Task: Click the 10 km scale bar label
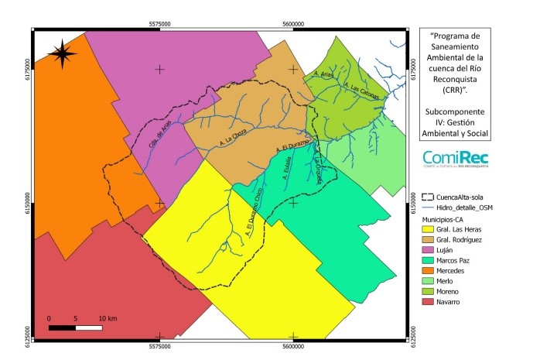107,318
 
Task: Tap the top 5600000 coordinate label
293,23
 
